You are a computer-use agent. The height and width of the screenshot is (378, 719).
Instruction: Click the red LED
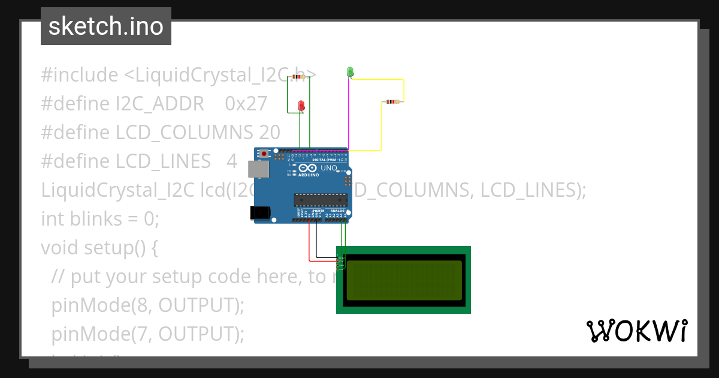(301, 106)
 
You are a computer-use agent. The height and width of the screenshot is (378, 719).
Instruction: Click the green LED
(350, 72)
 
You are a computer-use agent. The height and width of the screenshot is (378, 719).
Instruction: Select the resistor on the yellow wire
(392, 102)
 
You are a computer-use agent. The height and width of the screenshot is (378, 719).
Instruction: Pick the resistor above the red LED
(298, 77)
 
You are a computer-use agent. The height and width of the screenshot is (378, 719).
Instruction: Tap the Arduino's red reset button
(264, 154)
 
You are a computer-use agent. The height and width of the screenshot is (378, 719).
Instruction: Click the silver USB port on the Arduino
(259, 169)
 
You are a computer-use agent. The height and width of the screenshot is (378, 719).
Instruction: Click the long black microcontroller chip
(320, 199)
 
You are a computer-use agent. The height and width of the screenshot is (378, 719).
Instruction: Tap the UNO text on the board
(329, 168)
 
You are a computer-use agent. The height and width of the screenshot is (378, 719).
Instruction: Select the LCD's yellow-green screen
(404, 280)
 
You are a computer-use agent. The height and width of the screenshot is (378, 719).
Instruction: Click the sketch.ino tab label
(106, 26)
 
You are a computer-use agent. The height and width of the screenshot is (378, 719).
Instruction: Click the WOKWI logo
(636, 331)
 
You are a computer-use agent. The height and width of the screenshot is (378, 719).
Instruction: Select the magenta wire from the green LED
(349, 114)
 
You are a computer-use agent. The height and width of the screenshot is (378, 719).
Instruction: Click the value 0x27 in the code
(246, 104)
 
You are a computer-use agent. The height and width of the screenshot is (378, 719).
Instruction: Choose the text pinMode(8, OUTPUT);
(148, 305)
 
